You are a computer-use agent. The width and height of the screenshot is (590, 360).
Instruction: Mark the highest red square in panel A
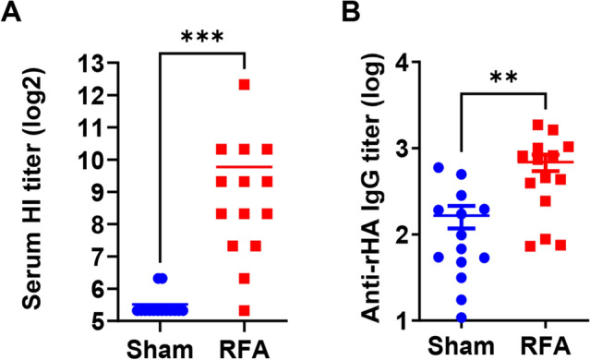(244, 85)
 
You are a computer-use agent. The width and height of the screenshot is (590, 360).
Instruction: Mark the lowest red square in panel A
(244, 310)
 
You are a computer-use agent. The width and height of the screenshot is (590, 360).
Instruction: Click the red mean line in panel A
(244, 167)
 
